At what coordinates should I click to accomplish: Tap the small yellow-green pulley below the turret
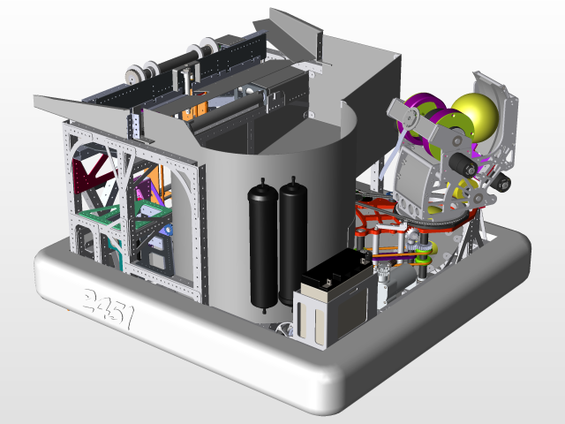(425, 259)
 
